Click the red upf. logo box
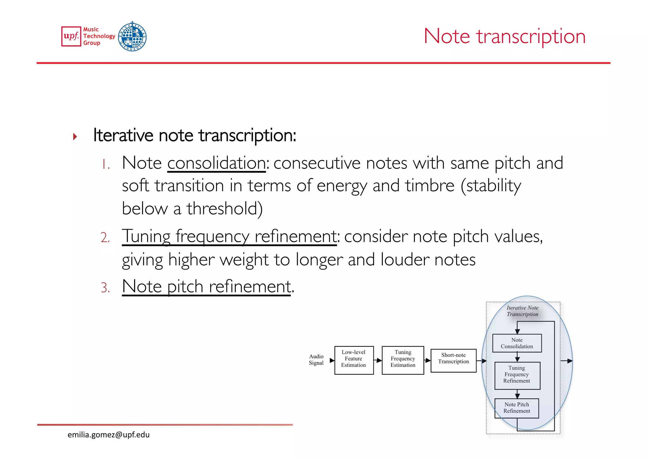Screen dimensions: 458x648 (71, 36)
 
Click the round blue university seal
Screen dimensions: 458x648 (132, 36)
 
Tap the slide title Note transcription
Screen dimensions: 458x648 (504, 36)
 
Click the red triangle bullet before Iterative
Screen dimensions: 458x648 (75, 137)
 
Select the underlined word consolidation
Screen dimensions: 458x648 (216, 163)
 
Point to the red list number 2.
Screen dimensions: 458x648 (105, 237)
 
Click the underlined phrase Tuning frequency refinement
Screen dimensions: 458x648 (229, 236)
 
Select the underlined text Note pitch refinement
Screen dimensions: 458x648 (206, 287)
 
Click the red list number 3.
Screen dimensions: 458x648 (105, 288)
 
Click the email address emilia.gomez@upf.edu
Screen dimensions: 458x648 (109, 435)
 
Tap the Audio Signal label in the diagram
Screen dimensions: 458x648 (316, 360)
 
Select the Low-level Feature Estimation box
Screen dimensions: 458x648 (354, 360)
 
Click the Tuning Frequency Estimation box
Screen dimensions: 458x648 (403, 360)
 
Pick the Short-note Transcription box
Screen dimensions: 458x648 (453, 360)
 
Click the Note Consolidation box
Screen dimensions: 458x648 (517, 343)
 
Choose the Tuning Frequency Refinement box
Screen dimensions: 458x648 (517, 375)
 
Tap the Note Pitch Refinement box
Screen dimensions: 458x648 (517, 408)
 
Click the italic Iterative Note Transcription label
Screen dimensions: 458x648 (522, 311)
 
